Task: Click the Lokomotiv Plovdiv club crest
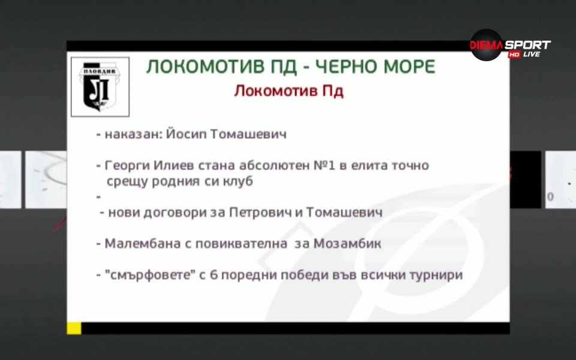(x=100, y=86)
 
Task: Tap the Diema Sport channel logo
(x=509, y=47)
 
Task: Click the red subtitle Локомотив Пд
(x=289, y=91)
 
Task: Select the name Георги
(x=125, y=166)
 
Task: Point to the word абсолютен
(x=272, y=166)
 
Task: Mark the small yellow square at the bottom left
(x=74, y=328)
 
